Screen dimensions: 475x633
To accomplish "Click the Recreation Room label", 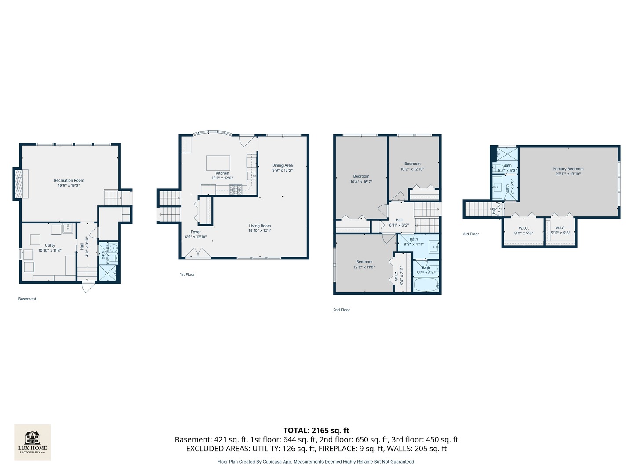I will (69, 180).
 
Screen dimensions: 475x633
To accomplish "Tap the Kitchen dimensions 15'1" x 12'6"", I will (222, 178).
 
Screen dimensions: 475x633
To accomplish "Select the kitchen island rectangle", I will (218, 162).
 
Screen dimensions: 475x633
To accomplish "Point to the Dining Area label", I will (282, 165).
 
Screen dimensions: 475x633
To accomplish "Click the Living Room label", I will (260, 226).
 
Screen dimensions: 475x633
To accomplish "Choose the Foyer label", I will (196, 232).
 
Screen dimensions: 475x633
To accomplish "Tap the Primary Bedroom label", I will (568, 169).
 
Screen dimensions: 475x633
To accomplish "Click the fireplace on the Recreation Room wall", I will (18, 184).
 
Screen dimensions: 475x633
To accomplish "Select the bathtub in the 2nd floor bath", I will (426, 285).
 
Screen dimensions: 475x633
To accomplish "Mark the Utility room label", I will (50, 245).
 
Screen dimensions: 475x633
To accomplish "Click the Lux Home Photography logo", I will (33, 442).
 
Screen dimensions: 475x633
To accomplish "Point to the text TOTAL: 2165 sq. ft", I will (316, 431).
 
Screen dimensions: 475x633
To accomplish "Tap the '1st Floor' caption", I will (187, 274).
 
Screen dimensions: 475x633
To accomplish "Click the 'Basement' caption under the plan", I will (27, 299).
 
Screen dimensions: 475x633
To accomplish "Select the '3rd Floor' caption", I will (471, 234).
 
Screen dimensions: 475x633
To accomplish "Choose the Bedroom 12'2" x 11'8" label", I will (364, 262).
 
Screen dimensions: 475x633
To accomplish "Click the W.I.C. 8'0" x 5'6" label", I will (523, 228).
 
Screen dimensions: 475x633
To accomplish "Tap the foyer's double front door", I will (197, 253).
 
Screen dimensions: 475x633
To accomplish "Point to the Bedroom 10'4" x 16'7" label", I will (361, 176).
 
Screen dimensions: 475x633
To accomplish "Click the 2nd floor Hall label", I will (399, 220).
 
